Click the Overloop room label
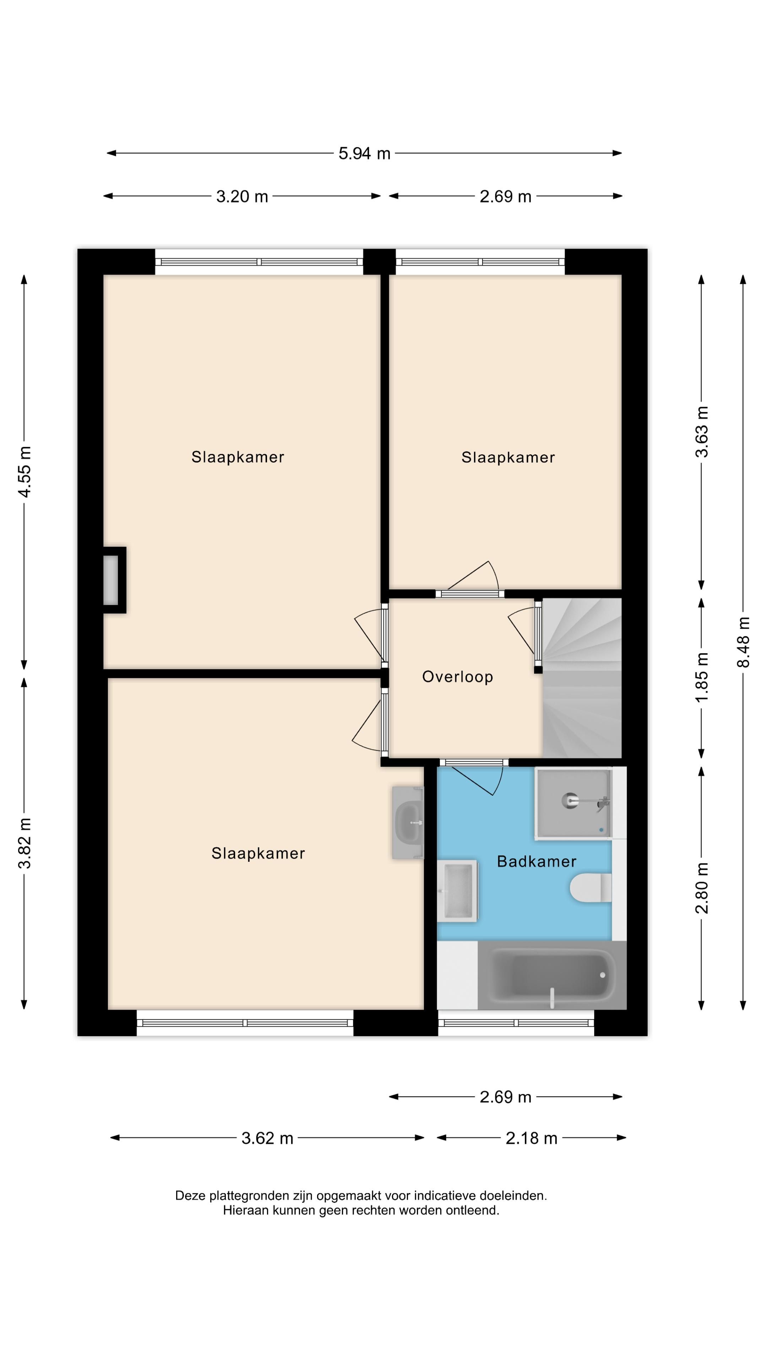click(x=457, y=677)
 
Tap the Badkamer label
click(x=536, y=861)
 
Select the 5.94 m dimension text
click(x=364, y=153)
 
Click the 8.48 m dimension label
click(x=744, y=642)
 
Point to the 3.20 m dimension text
click(x=242, y=196)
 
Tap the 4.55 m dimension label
click(x=25, y=471)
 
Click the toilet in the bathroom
click(x=590, y=887)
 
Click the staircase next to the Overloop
click(x=581, y=678)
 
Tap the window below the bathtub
click(x=516, y=1023)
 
